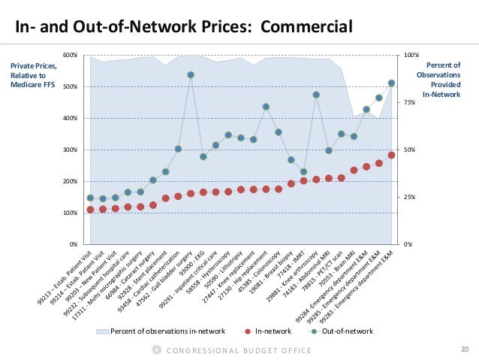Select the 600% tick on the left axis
pyautogui.click(x=70, y=55)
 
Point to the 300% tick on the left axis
pyautogui.click(x=70, y=150)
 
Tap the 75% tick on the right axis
pyautogui.click(x=410, y=102)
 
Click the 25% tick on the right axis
pyautogui.click(x=410, y=197)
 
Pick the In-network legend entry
pyautogui.click(x=271, y=331)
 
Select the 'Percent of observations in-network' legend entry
pyautogui.click(x=163, y=331)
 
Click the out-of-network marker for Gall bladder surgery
pyautogui.click(x=191, y=75)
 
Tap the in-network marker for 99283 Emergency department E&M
pyautogui.click(x=391, y=155)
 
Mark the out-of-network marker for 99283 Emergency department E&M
pyautogui.click(x=391, y=83)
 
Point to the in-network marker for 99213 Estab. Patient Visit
pyautogui.click(x=90, y=210)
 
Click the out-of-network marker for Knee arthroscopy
pyautogui.click(x=316, y=95)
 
